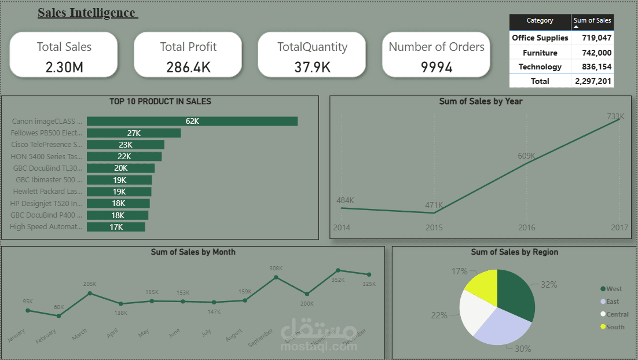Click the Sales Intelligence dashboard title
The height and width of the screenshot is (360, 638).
87,13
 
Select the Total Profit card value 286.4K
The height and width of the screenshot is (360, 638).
188,67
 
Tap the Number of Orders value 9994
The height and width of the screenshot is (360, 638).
437,67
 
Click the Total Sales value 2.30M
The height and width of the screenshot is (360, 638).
64,67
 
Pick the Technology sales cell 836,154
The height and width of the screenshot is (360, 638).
592,67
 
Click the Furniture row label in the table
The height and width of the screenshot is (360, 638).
540,53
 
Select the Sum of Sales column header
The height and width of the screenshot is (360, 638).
592,21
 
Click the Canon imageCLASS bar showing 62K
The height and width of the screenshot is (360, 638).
192,121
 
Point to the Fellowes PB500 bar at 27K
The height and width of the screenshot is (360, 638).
134,133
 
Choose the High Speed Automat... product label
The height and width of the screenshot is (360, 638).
46,227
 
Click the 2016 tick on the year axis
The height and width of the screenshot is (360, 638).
527,228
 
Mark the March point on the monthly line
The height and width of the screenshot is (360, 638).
90,293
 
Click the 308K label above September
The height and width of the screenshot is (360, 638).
276,268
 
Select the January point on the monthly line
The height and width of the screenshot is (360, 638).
28,311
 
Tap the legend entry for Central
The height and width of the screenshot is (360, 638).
617,314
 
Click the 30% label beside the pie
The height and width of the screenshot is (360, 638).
523,348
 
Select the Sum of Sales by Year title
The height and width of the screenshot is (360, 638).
481,101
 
